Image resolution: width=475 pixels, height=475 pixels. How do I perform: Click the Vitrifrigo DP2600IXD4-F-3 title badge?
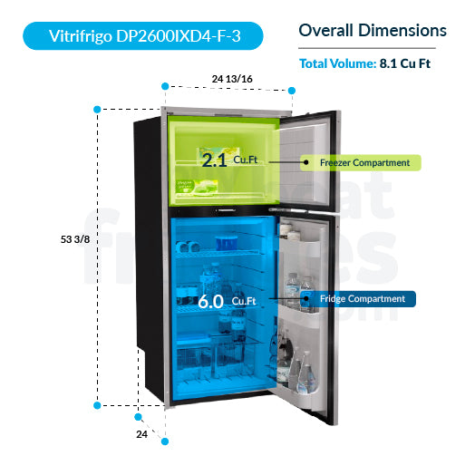[144, 36]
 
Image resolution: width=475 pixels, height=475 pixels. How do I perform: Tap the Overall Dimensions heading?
[373, 31]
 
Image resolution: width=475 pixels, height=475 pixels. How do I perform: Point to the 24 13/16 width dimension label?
[232, 79]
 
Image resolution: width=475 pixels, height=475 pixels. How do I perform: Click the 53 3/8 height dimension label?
[73, 239]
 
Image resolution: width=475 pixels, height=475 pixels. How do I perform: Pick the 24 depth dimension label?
[142, 434]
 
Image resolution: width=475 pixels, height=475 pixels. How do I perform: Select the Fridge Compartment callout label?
[364, 298]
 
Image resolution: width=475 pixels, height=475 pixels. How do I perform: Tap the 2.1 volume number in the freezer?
[214, 161]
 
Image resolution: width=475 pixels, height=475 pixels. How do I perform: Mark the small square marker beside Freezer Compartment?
[305, 163]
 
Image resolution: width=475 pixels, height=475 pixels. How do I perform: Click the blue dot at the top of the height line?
[98, 108]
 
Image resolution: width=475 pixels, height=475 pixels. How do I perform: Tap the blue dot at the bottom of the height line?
[98, 405]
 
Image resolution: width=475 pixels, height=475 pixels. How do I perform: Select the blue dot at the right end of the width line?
[293, 90]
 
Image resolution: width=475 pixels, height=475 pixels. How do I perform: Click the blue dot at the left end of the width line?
[164, 86]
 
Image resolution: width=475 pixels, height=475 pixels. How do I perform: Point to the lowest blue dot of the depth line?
[165, 441]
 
